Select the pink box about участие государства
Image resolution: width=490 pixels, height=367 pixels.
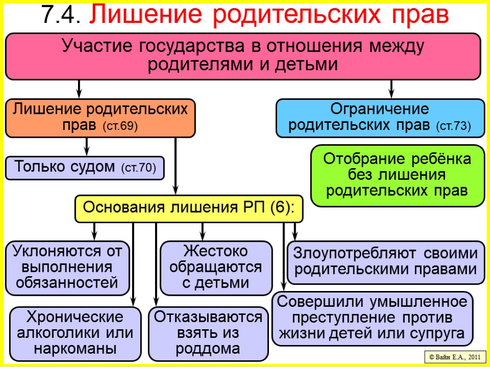pyautogui.click(x=243, y=56)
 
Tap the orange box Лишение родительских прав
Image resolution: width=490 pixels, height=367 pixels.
pyautogui.click(x=100, y=118)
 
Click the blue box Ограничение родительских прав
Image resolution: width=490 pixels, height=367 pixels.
pyautogui.click(x=380, y=118)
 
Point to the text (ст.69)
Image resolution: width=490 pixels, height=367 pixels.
pyautogui.click(x=120, y=127)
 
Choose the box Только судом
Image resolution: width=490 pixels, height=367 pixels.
pyautogui.click(x=85, y=168)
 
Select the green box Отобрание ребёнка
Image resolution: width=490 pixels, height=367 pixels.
pyautogui.click(x=397, y=175)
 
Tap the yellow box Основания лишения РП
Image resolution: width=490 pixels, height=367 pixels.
pyautogui.click(x=189, y=208)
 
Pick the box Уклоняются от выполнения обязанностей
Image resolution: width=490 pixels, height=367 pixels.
pyautogui.click(x=67, y=267)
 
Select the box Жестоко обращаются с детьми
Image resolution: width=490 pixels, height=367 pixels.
pyautogui.click(x=216, y=268)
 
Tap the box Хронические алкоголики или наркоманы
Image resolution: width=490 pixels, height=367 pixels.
pyautogui.click(x=75, y=333)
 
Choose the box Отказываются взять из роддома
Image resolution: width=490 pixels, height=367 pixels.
pyautogui.click(x=208, y=333)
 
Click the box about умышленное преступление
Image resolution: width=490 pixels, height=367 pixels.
pyautogui.click(x=372, y=318)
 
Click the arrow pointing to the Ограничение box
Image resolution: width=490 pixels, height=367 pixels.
pyautogui.click(x=391, y=89)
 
